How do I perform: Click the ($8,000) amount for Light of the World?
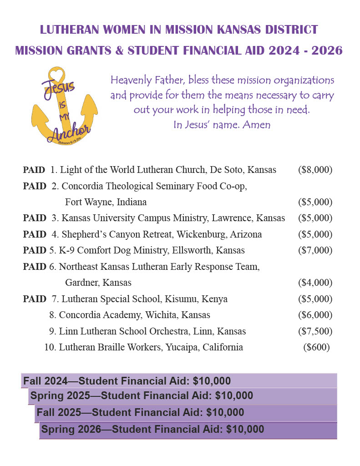tap(315, 170)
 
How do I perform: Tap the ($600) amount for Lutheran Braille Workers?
tap(316, 347)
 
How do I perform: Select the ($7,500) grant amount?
tap(315, 331)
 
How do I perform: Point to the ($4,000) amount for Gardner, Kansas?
tap(315, 283)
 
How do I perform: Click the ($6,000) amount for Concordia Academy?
tap(315, 315)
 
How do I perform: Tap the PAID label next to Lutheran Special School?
tap(34, 299)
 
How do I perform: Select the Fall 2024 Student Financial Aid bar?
tap(179, 381)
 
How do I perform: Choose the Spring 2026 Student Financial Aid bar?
tap(188, 429)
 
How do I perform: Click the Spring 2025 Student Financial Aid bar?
tap(182, 396)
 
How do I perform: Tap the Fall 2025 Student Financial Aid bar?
tap(185, 413)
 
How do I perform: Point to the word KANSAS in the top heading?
tap(237, 30)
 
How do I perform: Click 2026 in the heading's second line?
tap(324, 50)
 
